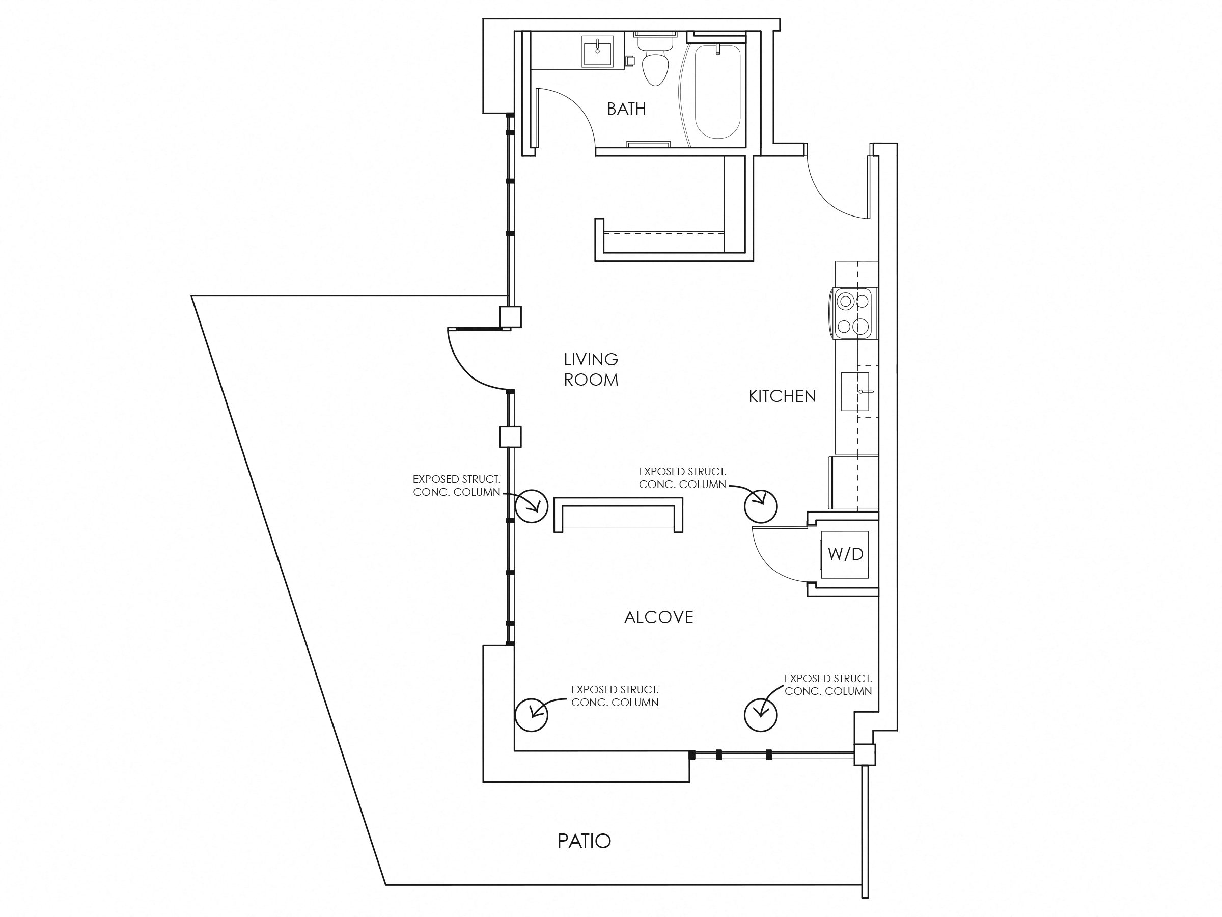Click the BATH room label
(626, 109)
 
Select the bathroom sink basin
(597, 51)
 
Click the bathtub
(717, 92)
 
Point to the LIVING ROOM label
(591, 369)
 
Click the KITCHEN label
(782, 396)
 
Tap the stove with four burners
(853, 313)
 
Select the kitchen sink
(854, 391)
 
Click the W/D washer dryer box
(845, 554)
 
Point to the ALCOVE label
(658, 617)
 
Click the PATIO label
(584, 841)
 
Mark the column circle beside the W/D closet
(760, 506)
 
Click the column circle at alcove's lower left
(531, 714)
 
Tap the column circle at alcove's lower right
(760, 714)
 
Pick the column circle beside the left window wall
(531, 506)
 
